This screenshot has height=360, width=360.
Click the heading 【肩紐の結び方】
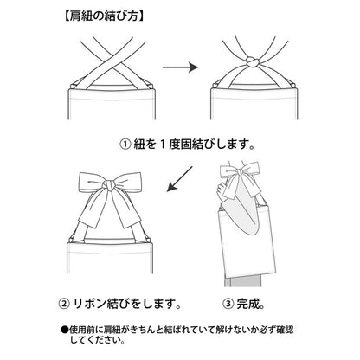(x=103, y=16)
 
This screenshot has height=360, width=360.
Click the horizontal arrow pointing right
(x=181, y=67)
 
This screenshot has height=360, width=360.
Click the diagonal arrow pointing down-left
(x=180, y=179)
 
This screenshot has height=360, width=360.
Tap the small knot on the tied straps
(x=252, y=62)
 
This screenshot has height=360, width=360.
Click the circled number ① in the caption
(x=125, y=145)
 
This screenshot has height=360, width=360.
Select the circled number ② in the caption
(x=64, y=304)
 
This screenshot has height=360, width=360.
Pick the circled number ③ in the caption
(x=228, y=304)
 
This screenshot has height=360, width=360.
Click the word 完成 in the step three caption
(x=247, y=304)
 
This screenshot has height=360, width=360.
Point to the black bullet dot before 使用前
(x=65, y=330)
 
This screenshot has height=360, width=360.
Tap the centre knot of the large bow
(x=110, y=186)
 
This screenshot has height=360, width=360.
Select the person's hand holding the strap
(x=222, y=191)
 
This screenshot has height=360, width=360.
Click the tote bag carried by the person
(x=246, y=242)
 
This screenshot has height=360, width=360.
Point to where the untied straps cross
(x=112, y=61)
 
